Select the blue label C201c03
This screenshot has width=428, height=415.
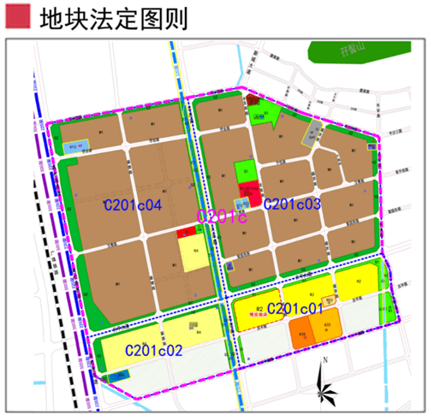pyautogui.click(x=292, y=204)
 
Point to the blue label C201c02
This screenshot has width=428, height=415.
pyautogui.click(x=155, y=350)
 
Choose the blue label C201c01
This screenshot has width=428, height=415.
pyautogui.click(x=295, y=308)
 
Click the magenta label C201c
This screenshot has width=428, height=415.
pyautogui.click(x=222, y=217)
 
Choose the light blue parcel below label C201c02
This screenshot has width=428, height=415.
pyautogui.click(x=120, y=375)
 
